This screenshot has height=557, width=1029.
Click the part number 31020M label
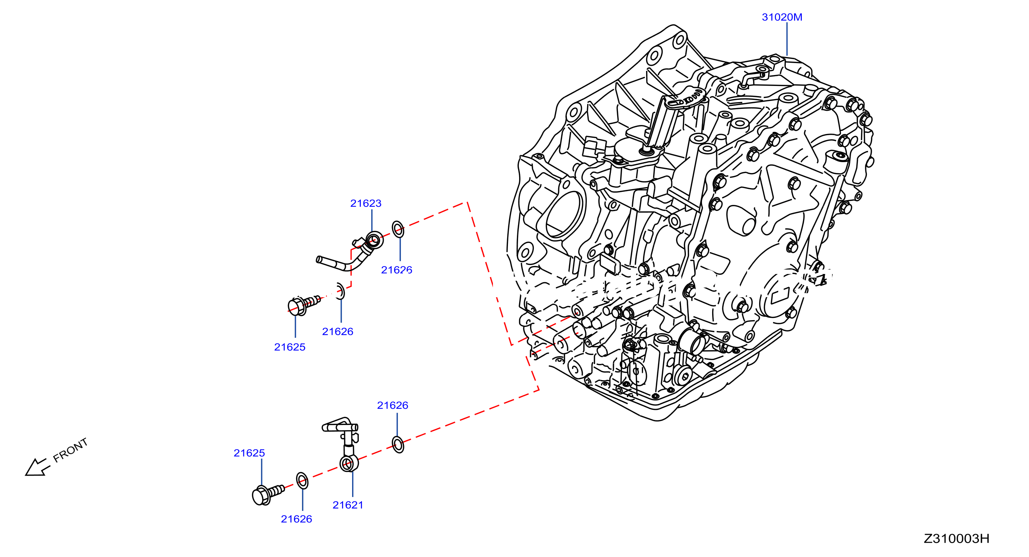click(782, 17)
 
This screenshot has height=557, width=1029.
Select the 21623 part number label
click(366, 203)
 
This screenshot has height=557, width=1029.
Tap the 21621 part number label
click(348, 505)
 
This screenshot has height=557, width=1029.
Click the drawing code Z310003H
click(956, 539)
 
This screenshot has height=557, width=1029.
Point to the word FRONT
click(70, 450)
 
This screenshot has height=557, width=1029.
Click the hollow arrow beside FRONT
click(37, 467)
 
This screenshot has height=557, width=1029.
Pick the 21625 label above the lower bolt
click(249, 453)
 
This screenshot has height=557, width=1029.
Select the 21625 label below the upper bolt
click(289, 347)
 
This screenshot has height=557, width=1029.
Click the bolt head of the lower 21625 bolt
click(261, 496)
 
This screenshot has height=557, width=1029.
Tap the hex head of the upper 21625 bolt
click(297, 307)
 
